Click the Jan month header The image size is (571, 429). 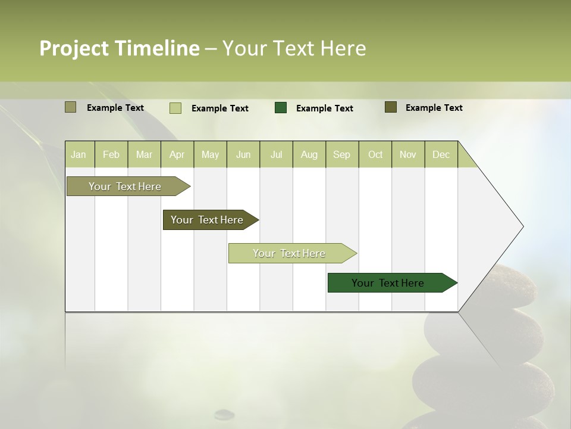79,154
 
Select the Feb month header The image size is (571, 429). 111,154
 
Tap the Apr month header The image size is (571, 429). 177,154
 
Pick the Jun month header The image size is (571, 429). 243,154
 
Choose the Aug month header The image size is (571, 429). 309,154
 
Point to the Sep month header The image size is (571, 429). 342,154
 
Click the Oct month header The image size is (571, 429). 375,154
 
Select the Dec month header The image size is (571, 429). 441,154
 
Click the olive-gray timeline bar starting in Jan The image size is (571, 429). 126,186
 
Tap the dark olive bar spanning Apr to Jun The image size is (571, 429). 208,220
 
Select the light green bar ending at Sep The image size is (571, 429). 290,253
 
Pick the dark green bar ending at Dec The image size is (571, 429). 388,283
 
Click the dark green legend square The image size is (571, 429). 281,108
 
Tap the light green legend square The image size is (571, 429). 175,108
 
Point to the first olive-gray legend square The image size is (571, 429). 71,107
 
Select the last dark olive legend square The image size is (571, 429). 391,107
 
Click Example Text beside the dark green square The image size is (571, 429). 325,108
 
